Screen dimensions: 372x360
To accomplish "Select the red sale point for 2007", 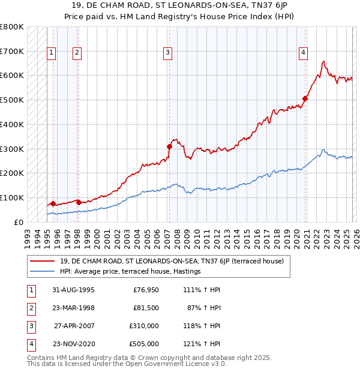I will (x=169, y=146).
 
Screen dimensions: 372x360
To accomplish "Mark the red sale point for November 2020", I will (x=305, y=98).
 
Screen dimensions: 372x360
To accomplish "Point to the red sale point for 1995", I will (x=53, y=203).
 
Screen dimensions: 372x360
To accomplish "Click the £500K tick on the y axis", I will (x=12, y=100).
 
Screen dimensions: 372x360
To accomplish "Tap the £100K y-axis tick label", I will (x=12, y=197).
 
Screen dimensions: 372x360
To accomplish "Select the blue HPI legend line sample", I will (x=43, y=271).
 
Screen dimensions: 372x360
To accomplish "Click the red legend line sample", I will (x=43, y=260).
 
